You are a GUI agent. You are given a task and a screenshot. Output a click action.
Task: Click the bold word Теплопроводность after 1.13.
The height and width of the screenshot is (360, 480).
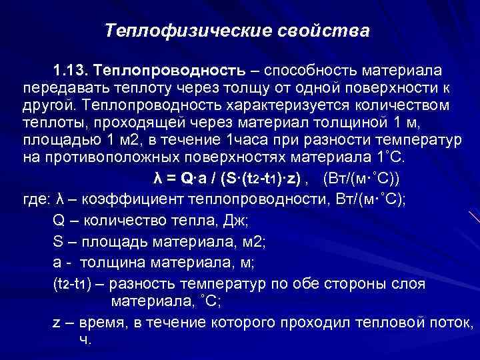tap(167, 71)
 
